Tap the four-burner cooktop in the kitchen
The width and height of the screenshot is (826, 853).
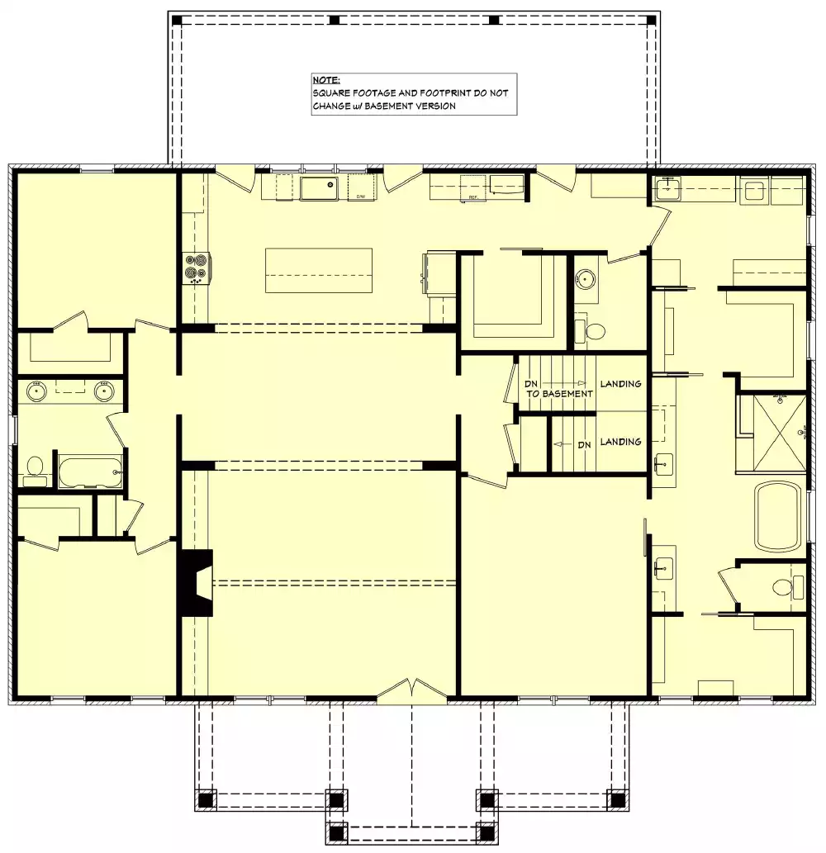(197, 268)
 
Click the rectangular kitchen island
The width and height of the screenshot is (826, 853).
(318, 270)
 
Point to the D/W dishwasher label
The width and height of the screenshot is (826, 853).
(361, 197)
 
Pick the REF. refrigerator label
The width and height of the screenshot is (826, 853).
(473, 198)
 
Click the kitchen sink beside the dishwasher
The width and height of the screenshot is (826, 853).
(319, 188)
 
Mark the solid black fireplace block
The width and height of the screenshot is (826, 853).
(195, 583)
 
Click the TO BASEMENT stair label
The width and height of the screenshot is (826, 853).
(560, 394)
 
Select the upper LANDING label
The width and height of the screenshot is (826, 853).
(620, 384)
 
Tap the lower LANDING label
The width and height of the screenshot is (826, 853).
(620, 442)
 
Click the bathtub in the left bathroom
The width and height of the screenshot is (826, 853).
(90, 472)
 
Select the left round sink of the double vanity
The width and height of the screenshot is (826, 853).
(36, 391)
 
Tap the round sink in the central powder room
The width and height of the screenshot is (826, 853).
(586, 278)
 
